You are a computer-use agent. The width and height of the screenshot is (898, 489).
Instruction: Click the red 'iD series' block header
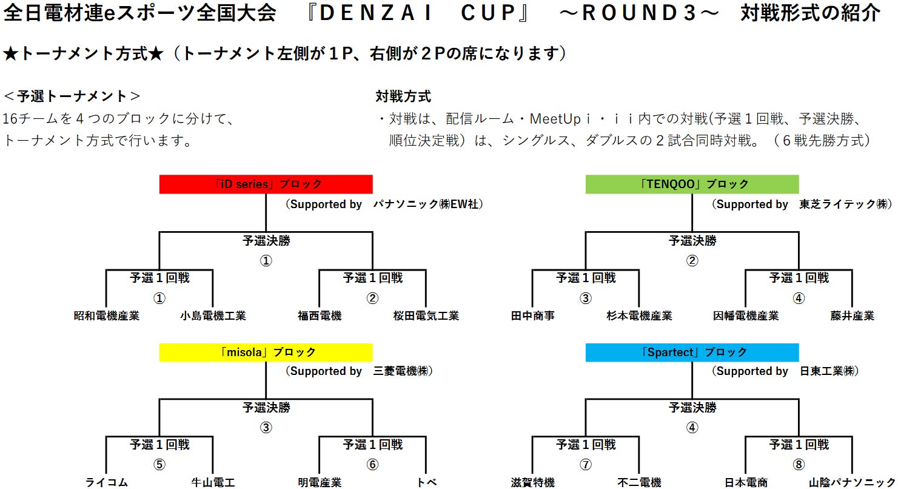266,184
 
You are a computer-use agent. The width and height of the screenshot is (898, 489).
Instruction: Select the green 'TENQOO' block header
692,184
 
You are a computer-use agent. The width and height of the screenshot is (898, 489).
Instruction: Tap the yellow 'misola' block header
266,352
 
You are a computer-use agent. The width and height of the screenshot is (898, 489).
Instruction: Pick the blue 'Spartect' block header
692,352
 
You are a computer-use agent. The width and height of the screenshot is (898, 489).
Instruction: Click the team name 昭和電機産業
106,316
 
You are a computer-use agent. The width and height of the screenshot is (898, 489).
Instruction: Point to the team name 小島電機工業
213,316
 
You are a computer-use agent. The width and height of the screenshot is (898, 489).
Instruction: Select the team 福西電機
320,316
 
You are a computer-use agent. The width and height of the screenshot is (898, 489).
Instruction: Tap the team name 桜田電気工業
426,316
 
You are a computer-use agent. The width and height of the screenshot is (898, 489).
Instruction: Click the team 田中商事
532,316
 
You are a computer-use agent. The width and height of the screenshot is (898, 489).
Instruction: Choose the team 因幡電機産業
746,316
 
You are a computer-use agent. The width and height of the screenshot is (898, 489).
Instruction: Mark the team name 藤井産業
852,316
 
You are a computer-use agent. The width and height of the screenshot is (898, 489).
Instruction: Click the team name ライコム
106,483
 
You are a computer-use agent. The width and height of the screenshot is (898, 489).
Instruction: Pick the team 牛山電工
213,483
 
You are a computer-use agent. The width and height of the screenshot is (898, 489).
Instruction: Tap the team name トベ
426,483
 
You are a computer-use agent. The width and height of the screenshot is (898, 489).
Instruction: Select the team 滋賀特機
532,483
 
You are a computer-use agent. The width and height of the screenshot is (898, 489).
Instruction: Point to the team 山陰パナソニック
852,483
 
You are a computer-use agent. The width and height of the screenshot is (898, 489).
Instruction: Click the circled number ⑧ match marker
799,465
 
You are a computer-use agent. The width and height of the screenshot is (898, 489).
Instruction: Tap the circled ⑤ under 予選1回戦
159,465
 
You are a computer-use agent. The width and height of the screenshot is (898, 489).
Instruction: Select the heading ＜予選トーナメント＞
72,96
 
